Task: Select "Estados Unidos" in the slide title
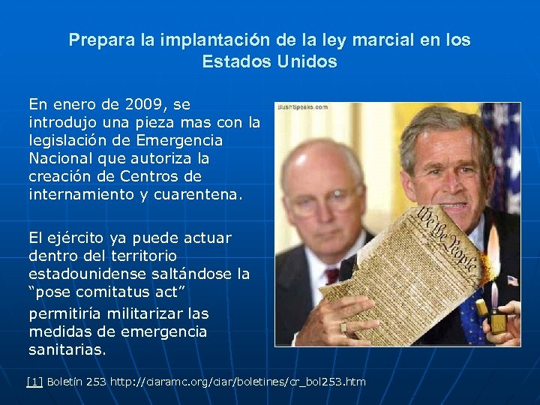[x=269, y=61]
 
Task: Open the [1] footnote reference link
[x=34, y=382]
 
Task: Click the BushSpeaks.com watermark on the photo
[x=302, y=107]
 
